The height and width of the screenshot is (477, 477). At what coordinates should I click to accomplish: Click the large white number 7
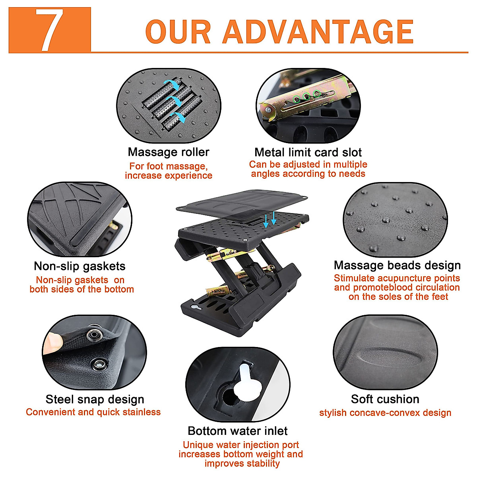(x=49, y=31)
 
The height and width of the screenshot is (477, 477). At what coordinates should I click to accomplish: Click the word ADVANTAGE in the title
(x=318, y=32)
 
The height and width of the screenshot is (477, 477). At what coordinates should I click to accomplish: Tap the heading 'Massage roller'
(x=169, y=152)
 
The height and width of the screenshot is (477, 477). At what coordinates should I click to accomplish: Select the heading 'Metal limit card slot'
(x=308, y=152)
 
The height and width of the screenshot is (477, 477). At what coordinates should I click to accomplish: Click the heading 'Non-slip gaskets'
(x=79, y=266)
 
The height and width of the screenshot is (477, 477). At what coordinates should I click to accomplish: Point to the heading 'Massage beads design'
(x=397, y=265)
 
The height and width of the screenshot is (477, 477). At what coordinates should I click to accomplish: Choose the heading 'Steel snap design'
(x=95, y=399)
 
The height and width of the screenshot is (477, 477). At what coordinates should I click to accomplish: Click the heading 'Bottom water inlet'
(x=238, y=431)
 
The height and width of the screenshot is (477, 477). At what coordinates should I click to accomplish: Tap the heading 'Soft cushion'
(x=385, y=399)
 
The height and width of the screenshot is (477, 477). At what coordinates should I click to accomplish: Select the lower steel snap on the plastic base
(x=98, y=363)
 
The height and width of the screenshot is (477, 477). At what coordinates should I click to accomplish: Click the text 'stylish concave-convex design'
(x=385, y=413)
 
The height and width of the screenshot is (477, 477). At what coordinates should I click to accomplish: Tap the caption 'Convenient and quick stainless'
(x=93, y=412)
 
